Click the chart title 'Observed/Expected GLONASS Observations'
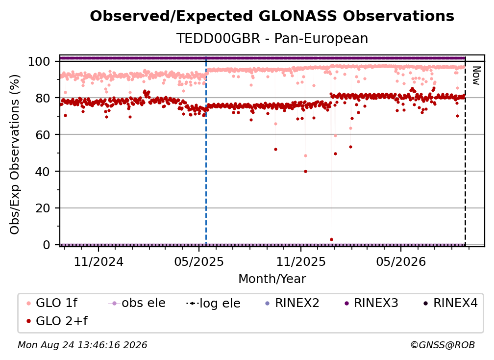coord(272,16)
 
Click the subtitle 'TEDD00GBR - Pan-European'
coord(272,38)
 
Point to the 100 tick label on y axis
coord(39,61)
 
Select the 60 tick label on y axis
coord(43,135)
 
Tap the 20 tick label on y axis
coord(43,208)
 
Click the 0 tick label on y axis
coord(46,245)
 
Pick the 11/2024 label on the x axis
coord(99,262)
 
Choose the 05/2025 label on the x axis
coord(199,262)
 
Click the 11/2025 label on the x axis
coord(301,262)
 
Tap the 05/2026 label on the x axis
coord(401,262)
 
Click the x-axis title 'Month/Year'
coord(272,279)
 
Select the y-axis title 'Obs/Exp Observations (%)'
coord(15,154)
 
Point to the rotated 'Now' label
coord(476,76)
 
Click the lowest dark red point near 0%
coord(331,239)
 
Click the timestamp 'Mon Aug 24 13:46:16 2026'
coord(82,345)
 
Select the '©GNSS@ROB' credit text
coord(443,345)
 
